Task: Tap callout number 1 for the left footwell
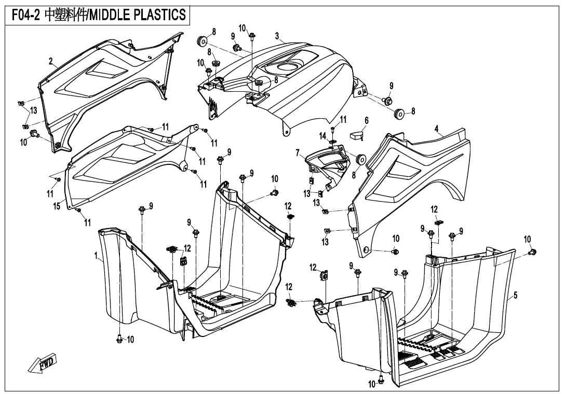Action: click(x=97, y=255)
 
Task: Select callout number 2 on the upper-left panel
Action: click(x=51, y=62)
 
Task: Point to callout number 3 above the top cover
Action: click(x=277, y=36)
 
